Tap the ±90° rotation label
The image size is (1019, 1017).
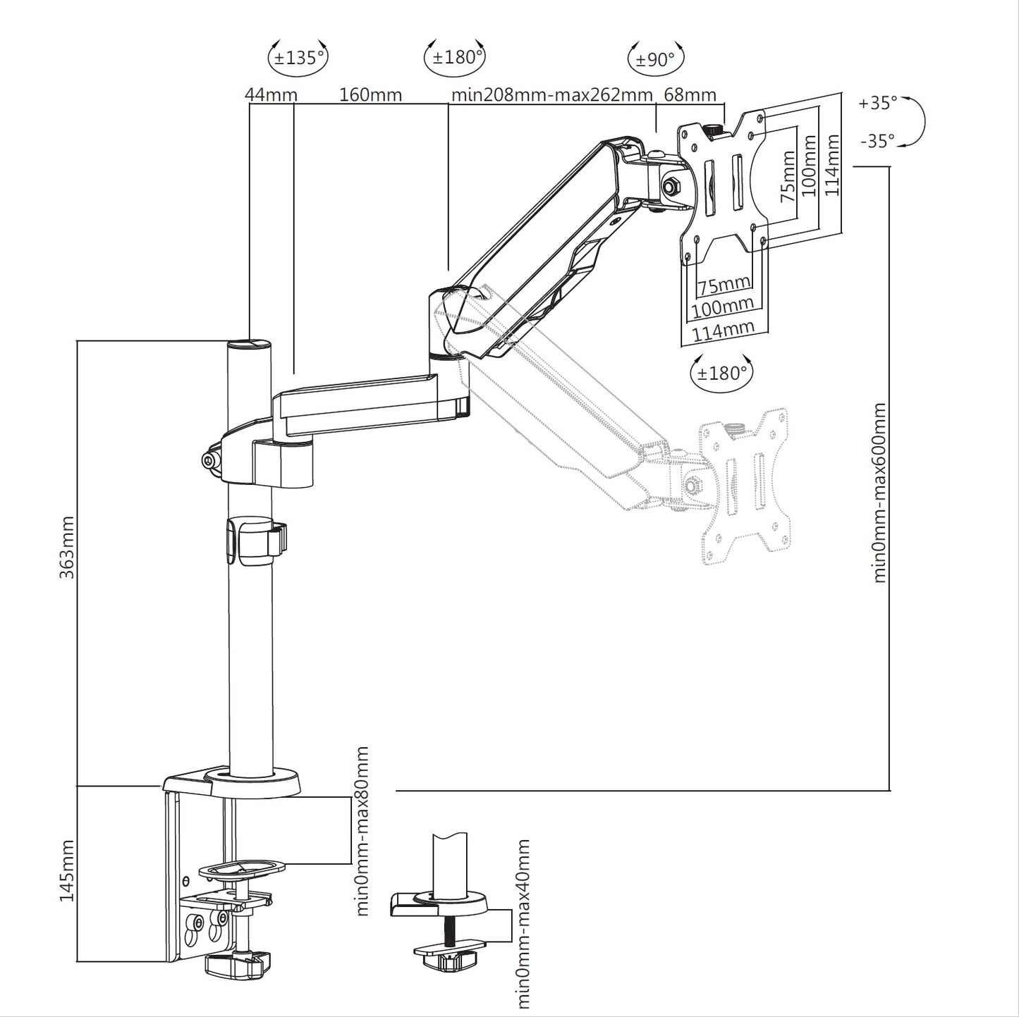(x=655, y=59)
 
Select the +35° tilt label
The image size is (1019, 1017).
(x=877, y=103)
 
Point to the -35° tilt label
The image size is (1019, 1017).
(x=877, y=141)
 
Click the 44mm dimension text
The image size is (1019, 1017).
(x=271, y=94)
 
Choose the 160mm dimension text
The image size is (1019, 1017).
(x=371, y=94)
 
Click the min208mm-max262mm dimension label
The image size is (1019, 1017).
(x=551, y=94)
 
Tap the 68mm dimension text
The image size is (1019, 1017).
(x=690, y=94)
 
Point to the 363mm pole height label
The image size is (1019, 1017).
(x=67, y=547)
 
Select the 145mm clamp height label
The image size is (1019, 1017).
(x=67, y=870)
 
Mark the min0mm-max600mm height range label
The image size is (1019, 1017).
(x=879, y=493)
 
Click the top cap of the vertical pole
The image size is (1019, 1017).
(x=249, y=344)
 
